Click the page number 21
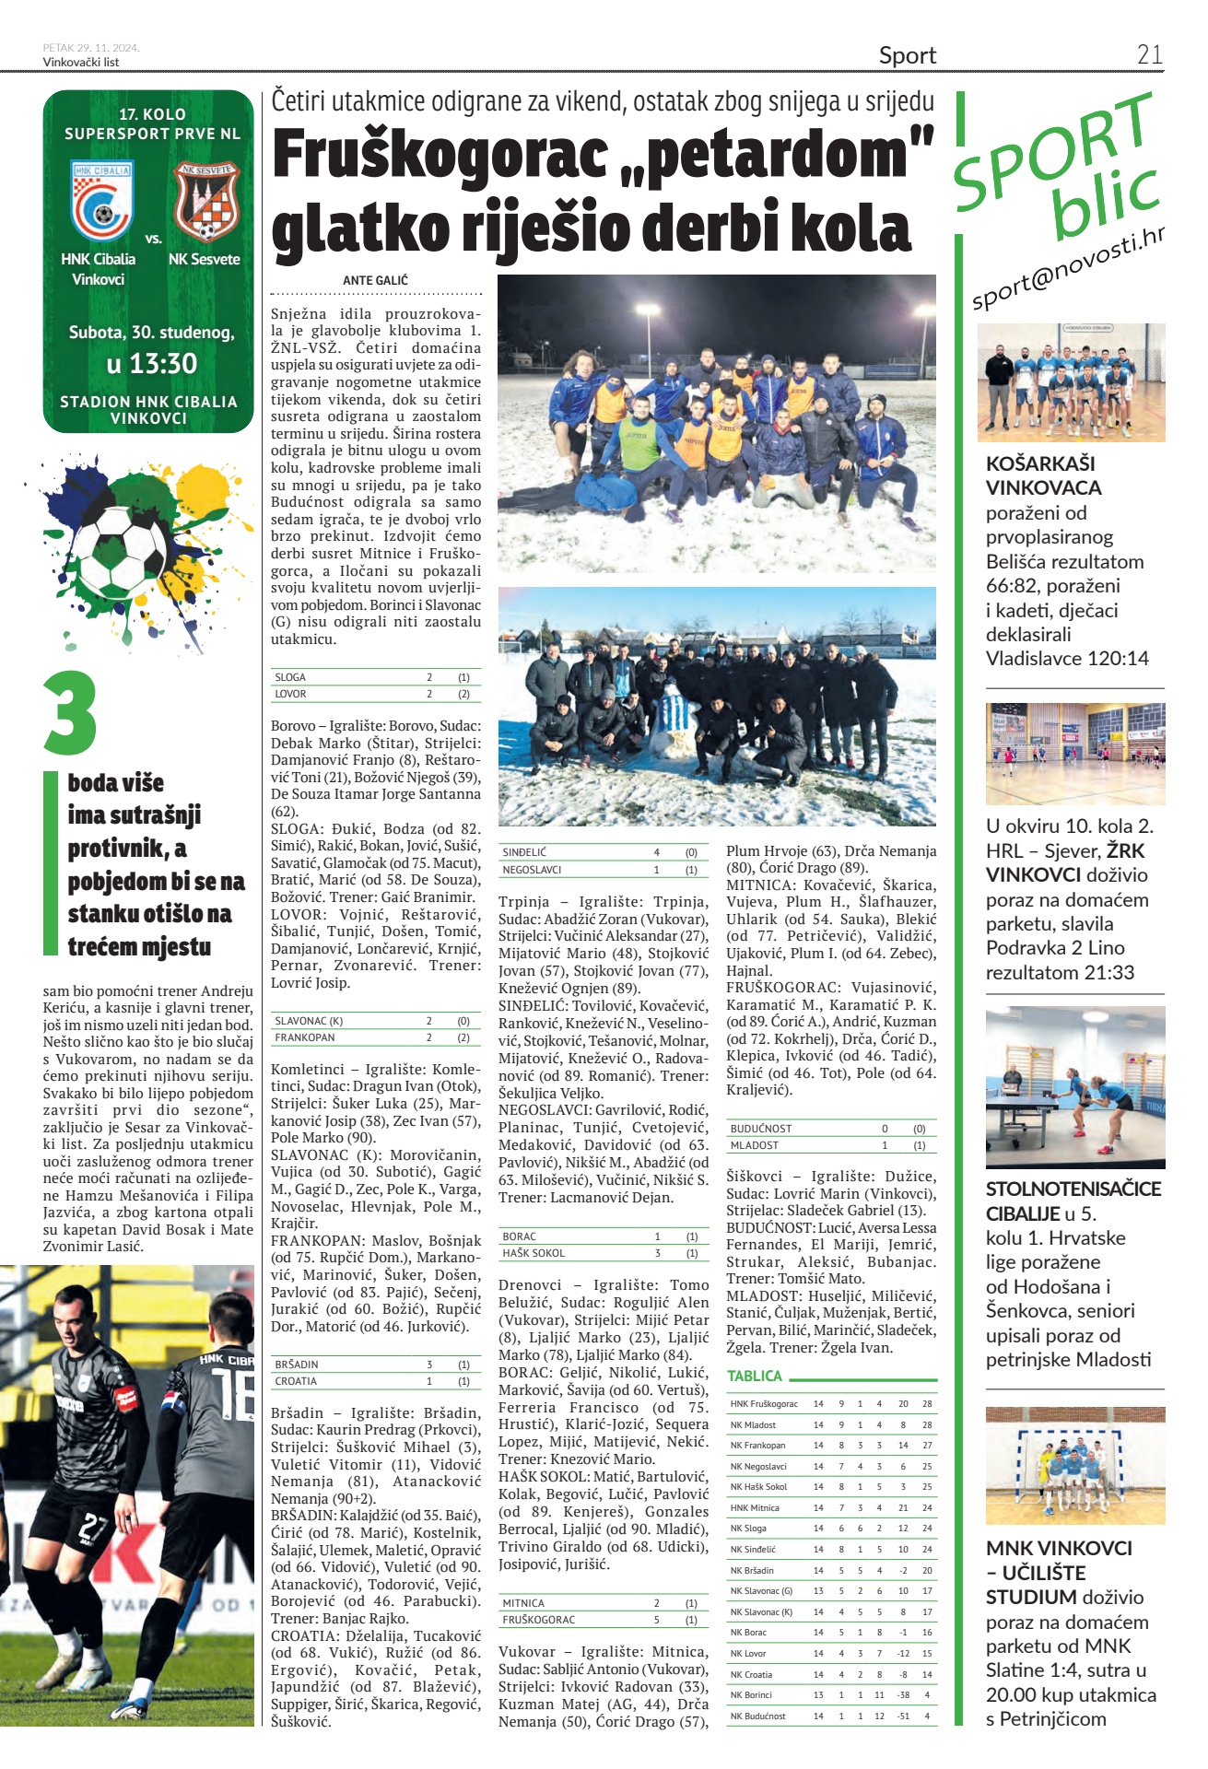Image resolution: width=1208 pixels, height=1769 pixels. point(1149,54)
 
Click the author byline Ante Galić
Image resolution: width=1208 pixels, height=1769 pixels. point(375,280)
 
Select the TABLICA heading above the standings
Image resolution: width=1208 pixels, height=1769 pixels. point(755,1376)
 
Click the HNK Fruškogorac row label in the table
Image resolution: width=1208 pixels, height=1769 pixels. point(764,1404)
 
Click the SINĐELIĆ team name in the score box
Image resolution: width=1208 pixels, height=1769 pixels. point(524,852)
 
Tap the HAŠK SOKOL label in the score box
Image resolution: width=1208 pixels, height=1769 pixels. point(534,1253)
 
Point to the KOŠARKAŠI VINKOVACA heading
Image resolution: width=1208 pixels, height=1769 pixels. point(1043,475)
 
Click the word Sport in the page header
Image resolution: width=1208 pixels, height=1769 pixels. point(907,55)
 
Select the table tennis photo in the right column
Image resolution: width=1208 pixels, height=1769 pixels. point(1074,1087)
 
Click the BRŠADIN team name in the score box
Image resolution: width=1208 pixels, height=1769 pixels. point(296,1365)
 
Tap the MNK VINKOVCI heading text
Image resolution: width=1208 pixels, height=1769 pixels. point(1059,1548)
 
